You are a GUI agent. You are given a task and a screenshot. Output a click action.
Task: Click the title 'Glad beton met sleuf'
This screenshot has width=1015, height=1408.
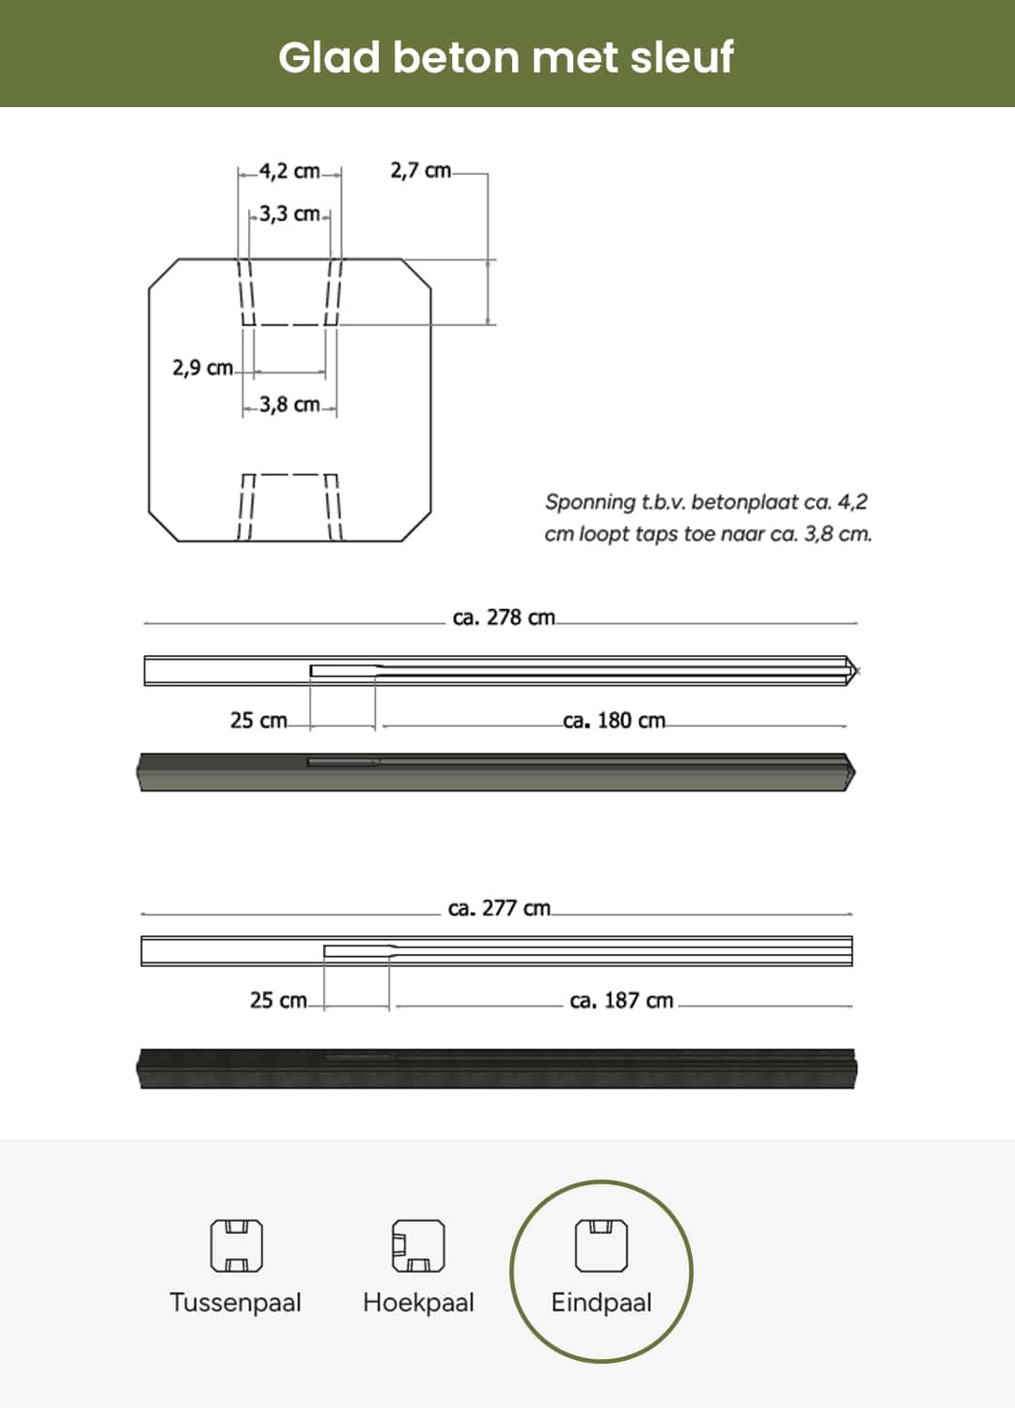click(506, 57)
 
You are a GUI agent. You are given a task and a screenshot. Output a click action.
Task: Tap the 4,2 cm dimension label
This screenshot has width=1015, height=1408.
click(289, 171)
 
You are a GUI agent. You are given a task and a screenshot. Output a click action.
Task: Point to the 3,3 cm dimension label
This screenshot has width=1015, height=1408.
click(289, 213)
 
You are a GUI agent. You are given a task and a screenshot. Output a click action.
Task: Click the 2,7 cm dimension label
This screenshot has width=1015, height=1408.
click(420, 170)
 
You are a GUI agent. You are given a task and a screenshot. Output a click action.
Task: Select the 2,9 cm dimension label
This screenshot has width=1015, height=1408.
click(202, 368)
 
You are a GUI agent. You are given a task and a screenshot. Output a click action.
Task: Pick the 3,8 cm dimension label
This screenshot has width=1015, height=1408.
click(289, 404)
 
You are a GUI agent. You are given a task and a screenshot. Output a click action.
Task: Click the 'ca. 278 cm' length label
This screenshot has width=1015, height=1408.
click(504, 618)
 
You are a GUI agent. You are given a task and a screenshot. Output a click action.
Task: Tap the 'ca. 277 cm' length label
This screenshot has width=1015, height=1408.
click(499, 908)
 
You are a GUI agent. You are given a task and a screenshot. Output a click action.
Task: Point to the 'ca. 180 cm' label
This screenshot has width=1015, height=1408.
click(614, 720)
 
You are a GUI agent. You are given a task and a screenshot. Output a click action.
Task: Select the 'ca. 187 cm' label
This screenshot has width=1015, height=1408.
click(621, 1000)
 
